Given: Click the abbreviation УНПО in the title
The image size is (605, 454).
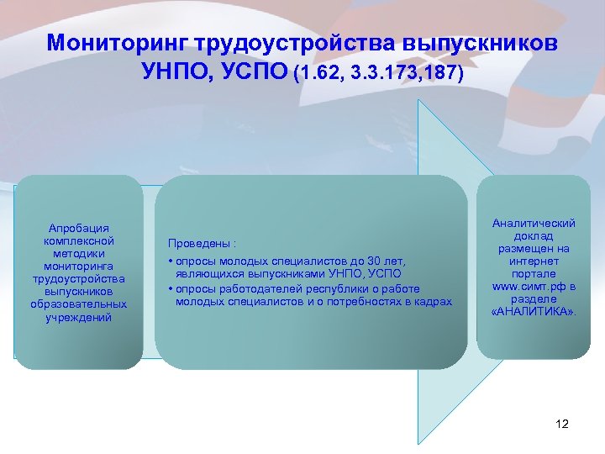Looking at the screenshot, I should [x=178, y=74].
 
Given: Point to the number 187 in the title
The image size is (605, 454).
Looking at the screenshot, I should [x=439, y=75].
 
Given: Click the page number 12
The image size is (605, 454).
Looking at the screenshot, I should [x=562, y=424].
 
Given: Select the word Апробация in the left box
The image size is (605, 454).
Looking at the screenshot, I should [x=78, y=228].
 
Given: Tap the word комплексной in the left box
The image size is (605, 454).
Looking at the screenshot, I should [x=78, y=240].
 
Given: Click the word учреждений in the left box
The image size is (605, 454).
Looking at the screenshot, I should [x=78, y=317].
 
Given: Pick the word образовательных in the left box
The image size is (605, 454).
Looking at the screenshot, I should [x=78, y=304].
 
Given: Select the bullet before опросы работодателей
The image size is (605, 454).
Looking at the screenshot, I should [x=171, y=288].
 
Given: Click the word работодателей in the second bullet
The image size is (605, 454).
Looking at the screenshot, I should [x=255, y=288].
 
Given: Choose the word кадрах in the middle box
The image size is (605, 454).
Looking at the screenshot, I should [x=434, y=301].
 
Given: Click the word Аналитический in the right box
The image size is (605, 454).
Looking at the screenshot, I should [x=534, y=224].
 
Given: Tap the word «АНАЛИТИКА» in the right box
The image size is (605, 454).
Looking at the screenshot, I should [x=534, y=312].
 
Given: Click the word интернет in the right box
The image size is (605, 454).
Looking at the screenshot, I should [x=534, y=261].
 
